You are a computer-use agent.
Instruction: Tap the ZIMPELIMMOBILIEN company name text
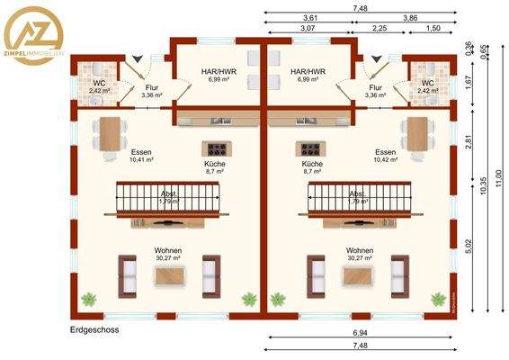pyautogui.click(x=38, y=54)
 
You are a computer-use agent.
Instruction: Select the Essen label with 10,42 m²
pyautogui.click(x=385, y=156)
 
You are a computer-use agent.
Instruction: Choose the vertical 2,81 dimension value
pyautogui.click(x=468, y=141)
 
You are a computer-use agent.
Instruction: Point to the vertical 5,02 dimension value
pyautogui.click(x=468, y=247)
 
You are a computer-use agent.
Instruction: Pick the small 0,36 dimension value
pyautogui.click(x=468, y=48)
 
